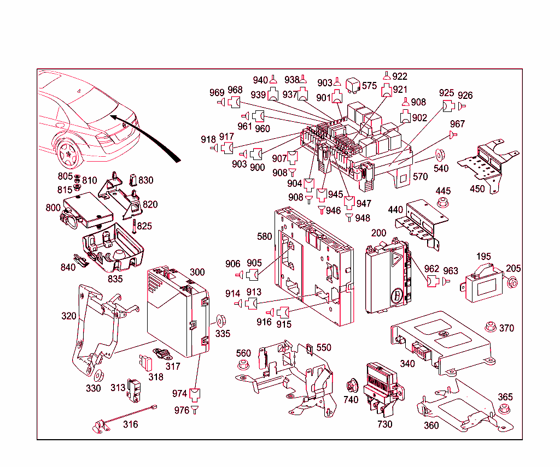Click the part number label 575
click(x=370, y=86)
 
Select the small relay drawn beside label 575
click(x=355, y=85)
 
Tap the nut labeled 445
click(x=442, y=204)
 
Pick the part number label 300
click(x=197, y=272)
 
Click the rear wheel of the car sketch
click(x=68, y=153)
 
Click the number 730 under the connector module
click(x=385, y=424)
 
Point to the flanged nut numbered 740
click(x=351, y=387)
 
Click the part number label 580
click(x=265, y=237)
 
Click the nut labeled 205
click(x=512, y=282)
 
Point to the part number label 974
click(x=179, y=393)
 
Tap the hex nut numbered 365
click(x=504, y=410)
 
